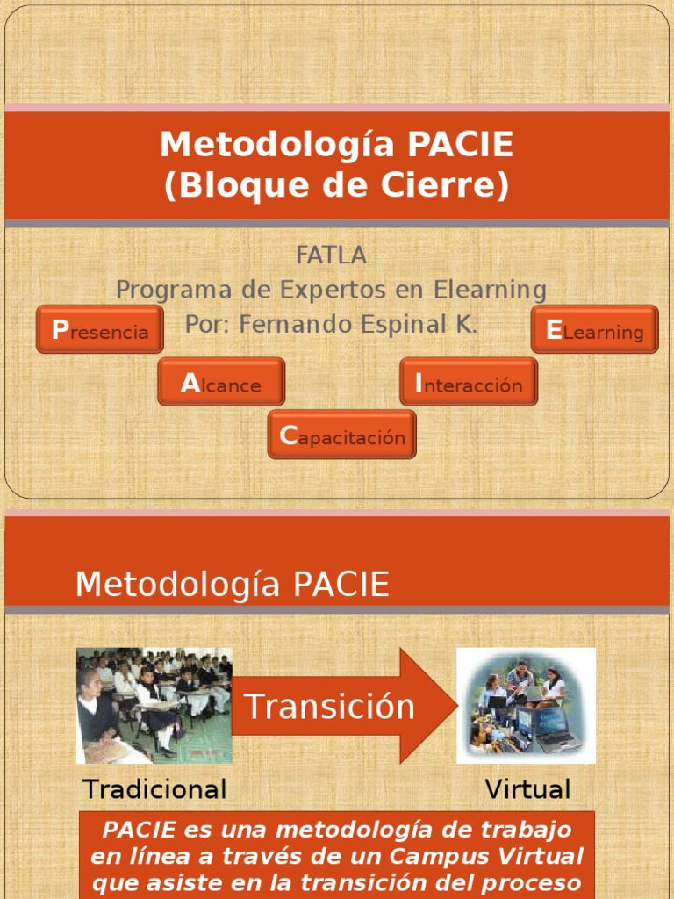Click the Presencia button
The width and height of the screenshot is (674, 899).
click(x=100, y=330)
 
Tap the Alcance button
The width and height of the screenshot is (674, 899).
click(x=221, y=383)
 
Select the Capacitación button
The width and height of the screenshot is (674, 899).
click(x=342, y=435)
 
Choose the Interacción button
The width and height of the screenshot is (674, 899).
click(x=469, y=383)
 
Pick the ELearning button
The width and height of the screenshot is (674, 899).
click(x=595, y=330)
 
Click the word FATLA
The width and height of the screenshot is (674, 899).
click(x=331, y=255)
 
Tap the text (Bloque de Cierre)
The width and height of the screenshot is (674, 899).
click(x=336, y=186)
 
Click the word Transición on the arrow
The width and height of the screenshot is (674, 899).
click(x=329, y=707)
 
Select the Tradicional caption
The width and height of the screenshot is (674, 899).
click(x=154, y=788)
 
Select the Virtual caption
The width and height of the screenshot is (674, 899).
click(x=527, y=788)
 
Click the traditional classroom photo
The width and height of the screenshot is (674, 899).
click(x=154, y=705)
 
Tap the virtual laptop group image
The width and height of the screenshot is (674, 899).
click(x=527, y=705)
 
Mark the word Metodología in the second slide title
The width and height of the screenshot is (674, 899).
click(x=176, y=584)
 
